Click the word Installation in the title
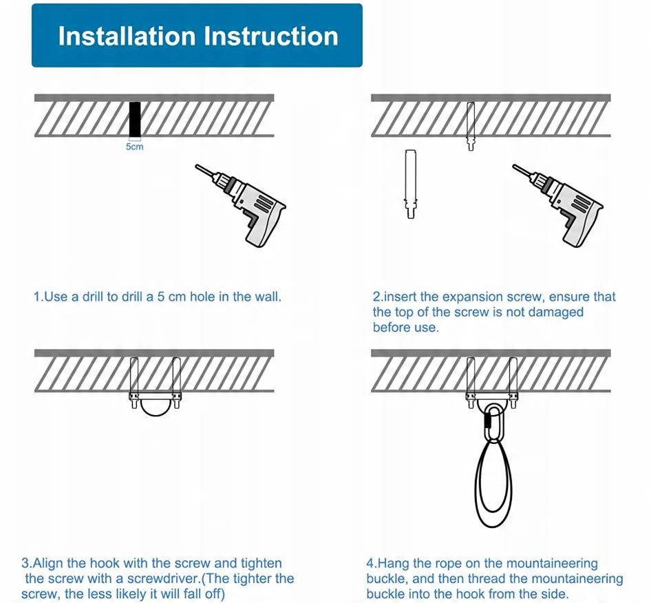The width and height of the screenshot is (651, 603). (x=127, y=36)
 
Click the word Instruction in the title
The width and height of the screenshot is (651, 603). (x=271, y=36)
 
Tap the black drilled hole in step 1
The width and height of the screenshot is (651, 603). (x=134, y=119)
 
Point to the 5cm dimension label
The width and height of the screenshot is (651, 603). (x=134, y=147)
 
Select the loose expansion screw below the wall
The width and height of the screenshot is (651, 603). (x=411, y=184)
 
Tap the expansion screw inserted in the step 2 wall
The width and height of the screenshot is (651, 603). (x=471, y=126)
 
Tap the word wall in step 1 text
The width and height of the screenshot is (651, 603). (x=265, y=297)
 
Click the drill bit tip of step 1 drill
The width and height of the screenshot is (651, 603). (x=195, y=166)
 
